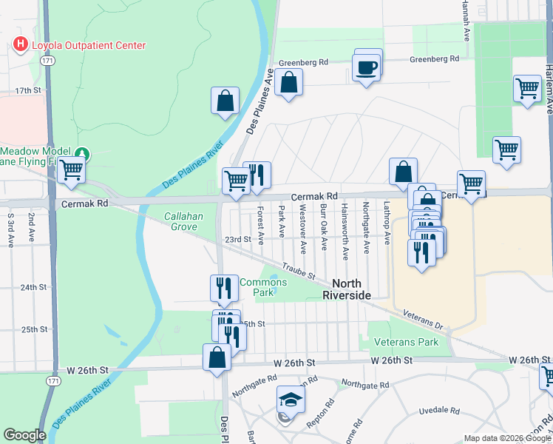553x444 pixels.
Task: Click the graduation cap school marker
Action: click(x=291, y=402)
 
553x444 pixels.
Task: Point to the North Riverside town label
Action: click(x=351, y=289)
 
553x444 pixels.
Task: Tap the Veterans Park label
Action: click(x=406, y=342)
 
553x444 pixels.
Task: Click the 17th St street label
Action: click(x=28, y=90)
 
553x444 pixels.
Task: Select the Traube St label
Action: click(x=299, y=271)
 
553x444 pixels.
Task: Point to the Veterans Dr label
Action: click(x=422, y=319)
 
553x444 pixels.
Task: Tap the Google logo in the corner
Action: click(x=24, y=435)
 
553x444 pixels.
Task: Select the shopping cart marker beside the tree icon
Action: click(x=71, y=169)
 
